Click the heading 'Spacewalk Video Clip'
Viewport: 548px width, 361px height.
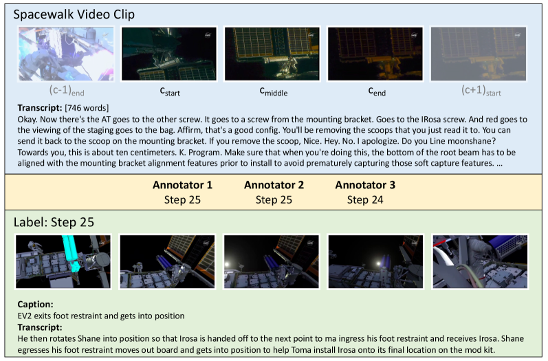pos(74,14)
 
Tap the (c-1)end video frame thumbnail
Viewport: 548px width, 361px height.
pos(66,54)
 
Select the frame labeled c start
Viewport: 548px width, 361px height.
pos(169,54)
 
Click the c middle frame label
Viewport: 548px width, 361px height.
pos(273,91)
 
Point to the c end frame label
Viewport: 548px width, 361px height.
pos(377,91)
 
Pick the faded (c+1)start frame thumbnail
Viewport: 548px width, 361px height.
pos(479,54)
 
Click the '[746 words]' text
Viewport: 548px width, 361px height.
pos(87,108)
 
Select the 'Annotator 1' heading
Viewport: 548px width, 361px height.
pos(182,185)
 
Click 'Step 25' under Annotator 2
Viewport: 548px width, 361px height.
pos(274,200)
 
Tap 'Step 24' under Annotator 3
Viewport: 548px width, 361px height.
pos(365,200)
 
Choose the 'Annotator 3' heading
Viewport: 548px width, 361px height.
pos(365,185)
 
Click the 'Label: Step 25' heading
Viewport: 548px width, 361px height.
pos(54,222)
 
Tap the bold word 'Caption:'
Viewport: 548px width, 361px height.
pos(35,305)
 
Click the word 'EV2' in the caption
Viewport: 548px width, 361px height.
pos(24,316)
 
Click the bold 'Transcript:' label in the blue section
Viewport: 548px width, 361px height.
pos(40,108)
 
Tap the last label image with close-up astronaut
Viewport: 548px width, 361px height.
pos(480,262)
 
